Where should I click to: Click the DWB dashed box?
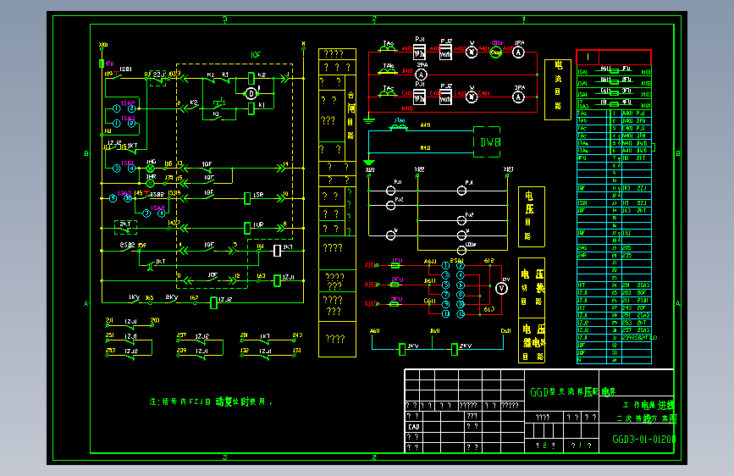click(488, 142)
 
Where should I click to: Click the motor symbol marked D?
click(251, 93)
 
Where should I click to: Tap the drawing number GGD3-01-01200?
click(643, 440)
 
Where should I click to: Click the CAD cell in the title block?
click(414, 427)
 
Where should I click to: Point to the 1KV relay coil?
click(402, 347)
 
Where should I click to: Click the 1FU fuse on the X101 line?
click(396, 265)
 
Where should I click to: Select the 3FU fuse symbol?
click(396, 302)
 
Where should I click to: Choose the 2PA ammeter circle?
click(421, 75)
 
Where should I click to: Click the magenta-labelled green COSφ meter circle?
click(496, 52)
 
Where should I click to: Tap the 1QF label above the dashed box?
click(256, 55)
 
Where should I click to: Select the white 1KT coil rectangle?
click(276, 250)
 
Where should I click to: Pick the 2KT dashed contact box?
click(125, 226)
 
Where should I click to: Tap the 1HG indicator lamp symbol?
click(152, 168)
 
